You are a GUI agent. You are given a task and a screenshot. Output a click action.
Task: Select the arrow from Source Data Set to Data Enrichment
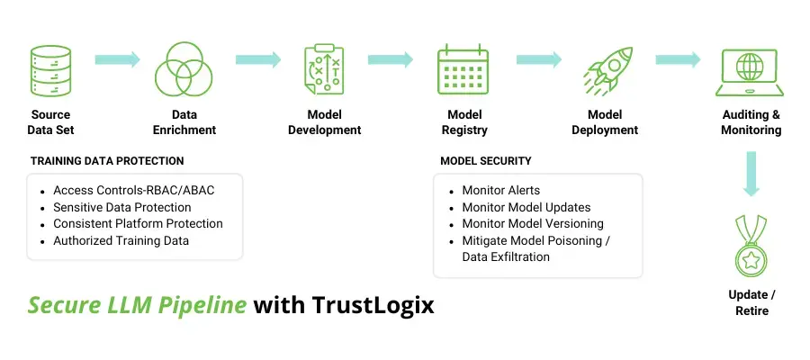click(117, 59)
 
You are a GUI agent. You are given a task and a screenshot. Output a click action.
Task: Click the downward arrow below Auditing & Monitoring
click(751, 174)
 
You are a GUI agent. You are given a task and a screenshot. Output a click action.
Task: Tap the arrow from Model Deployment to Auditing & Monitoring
click(678, 59)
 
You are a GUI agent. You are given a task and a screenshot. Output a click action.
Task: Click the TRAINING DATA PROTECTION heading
click(107, 161)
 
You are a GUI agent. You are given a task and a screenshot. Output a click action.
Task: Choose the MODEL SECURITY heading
click(486, 161)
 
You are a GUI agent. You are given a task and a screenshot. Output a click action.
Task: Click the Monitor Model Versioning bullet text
click(533, 223)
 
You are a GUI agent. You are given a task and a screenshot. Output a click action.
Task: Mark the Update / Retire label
click(751, 303)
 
